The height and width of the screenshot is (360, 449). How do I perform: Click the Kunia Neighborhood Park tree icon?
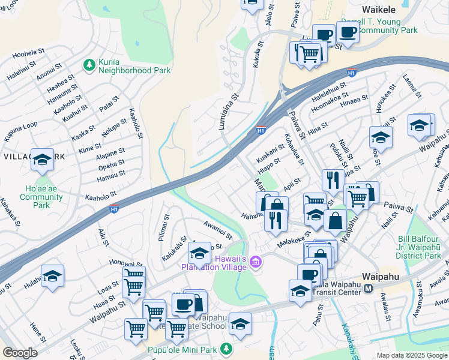point(89,64)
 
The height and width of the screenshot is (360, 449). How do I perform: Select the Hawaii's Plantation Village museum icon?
point(256,262)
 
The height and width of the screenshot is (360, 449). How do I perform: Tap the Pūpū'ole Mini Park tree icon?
point(226,349)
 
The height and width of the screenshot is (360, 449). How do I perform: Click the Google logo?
point(20,353)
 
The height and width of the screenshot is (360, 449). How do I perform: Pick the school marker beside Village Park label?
point(43,160)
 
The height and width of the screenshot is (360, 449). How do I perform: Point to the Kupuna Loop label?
point(21,131)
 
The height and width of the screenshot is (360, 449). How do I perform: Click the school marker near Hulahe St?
point(53,276)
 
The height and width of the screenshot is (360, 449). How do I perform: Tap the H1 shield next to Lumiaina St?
point(261,130)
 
